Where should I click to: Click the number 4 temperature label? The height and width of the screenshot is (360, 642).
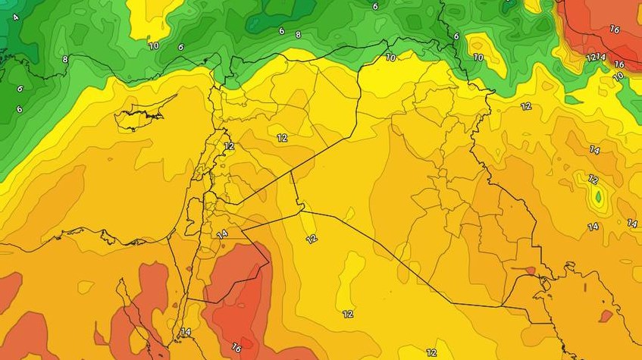(x=16, y=17)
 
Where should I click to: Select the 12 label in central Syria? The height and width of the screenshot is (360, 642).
(x=282, y=137)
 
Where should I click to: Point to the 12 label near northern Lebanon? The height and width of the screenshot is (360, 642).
(x=229, y=146)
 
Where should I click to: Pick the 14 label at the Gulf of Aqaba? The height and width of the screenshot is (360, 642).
(x=186, y=332)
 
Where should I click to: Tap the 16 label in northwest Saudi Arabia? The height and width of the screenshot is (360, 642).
(x=236, y=347)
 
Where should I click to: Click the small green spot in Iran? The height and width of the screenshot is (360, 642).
(x=598, y=199)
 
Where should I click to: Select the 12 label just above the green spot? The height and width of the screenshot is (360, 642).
(x=593, y=180)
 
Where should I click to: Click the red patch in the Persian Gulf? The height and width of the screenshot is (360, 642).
(x=606, y=315)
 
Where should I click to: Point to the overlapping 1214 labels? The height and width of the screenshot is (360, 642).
(x=596, y=58)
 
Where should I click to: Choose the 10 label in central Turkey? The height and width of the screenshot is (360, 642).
(x=153, y=45)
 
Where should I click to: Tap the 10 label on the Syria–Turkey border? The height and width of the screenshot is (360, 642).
(x=390, y=57)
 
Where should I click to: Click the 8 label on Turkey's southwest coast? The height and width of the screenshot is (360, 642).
(x=65, y=59)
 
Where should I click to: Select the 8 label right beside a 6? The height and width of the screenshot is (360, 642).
(x=298, y=34)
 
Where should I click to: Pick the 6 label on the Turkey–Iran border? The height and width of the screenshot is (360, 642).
(x=456, y=36)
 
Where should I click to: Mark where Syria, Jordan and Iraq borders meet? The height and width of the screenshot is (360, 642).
(x=301, y=206)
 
